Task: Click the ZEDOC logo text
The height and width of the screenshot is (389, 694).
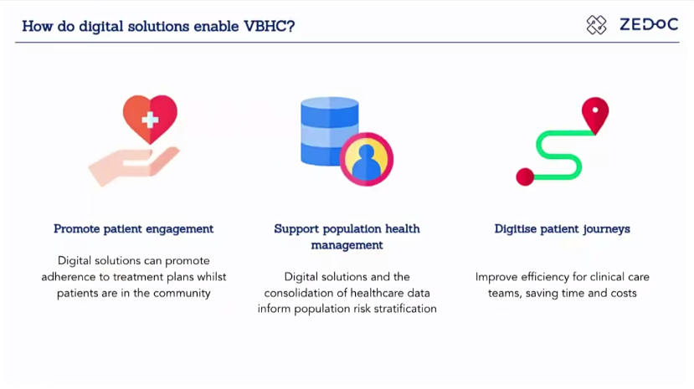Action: click(x=649, y=24)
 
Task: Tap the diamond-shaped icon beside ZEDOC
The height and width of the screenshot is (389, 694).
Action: click(x=596, y=25)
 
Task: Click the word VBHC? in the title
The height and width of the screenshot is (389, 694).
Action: click(x=269, y=26)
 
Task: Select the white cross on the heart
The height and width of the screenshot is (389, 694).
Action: click(x=150, y=120)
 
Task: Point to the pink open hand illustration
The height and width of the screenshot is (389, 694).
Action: click(x=134, y=166)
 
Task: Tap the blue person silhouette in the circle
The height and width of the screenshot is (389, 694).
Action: click(x=366, y=162)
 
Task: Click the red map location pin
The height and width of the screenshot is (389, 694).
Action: click(x=595, y=115)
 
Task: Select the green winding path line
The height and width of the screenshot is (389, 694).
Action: click(x=558, y=155)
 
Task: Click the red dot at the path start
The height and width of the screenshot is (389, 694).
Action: click(x=525, y=177)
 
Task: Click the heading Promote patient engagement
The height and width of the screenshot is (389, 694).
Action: click(x=134, y=229)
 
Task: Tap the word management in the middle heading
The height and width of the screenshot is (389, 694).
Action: click(x=347, y=245)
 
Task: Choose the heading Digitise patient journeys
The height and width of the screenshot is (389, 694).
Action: click(x=562, y=229)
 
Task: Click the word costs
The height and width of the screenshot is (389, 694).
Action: click(x=624, y=293)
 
